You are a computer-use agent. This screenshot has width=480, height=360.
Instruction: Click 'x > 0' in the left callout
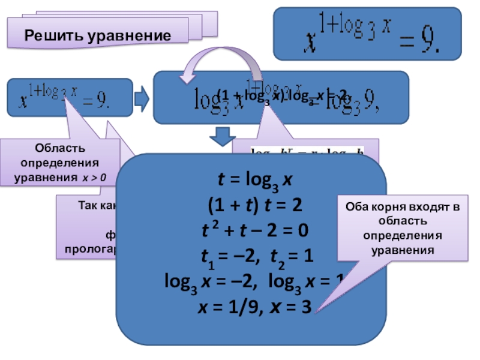[x=94, y=177]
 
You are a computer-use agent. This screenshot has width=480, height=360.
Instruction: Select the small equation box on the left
[x=70, y=97]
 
